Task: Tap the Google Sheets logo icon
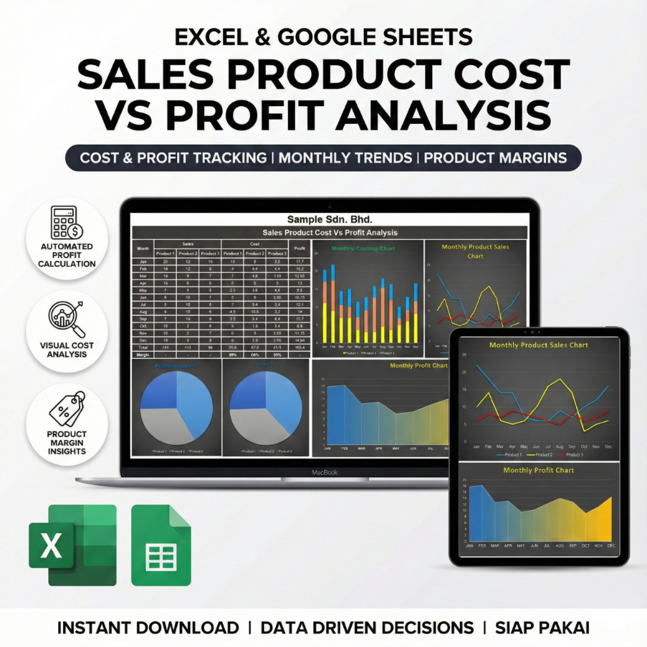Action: click(x=160, y=545)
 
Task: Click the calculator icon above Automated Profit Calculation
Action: click(x=66, y=223)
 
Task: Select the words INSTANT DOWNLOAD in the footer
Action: click(x=148, y=627)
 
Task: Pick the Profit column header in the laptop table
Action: click(x=299, y=248)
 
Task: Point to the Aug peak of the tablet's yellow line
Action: click(x=559, y=380)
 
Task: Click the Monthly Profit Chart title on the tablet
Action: click(x=538, y=470)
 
